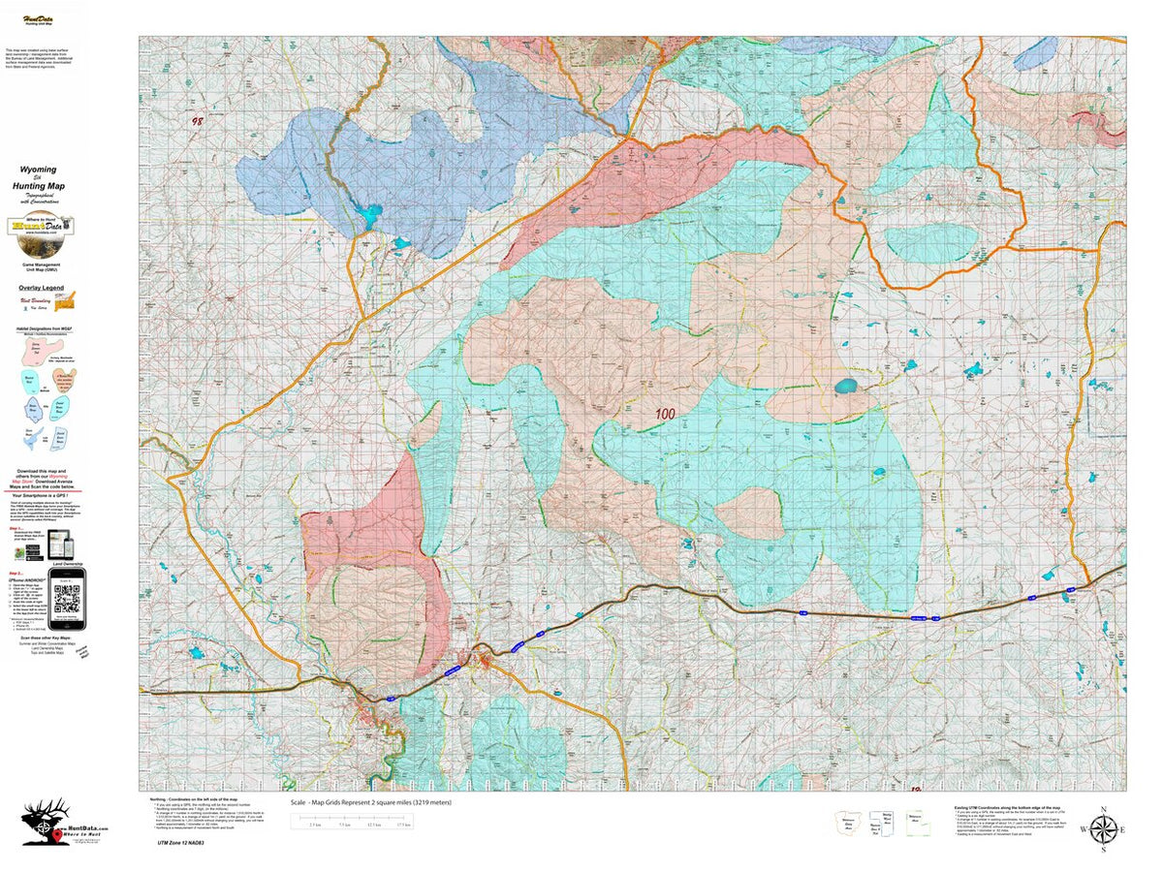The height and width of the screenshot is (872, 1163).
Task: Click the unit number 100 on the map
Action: click(x=665, y=414)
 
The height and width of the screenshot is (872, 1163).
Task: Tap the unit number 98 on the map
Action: click(x=198, y=122)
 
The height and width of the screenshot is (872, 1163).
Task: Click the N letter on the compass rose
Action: click(x=1102, y=809)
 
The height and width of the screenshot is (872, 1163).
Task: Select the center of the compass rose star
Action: click(x=1102, y=830)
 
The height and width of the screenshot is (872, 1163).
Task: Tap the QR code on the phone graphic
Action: click(x=66, y=594)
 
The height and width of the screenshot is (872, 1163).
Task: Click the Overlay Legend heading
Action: click(x=41, y=288)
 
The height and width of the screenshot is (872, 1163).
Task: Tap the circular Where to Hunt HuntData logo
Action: click(x=39, y=227)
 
